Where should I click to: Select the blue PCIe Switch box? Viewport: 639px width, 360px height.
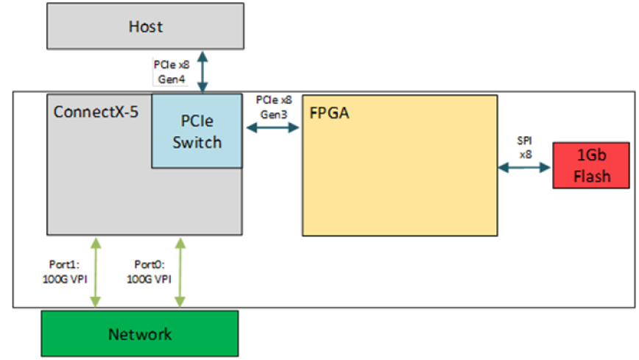(x=197, y=131)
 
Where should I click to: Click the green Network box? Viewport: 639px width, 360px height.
(x=140, y=334)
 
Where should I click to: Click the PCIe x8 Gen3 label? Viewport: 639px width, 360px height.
(x=273, y=105)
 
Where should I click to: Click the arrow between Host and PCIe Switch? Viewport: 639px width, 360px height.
(x=201, y=72)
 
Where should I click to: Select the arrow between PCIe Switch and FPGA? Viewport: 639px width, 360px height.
(x=272, y=128)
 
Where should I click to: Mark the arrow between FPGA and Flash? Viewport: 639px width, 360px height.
(x=525, y=168)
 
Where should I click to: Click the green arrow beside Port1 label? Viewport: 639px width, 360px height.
(x=96, y=272)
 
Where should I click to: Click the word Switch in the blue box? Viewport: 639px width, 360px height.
(x=197, y=142)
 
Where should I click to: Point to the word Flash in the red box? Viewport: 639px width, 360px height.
(x=592, y=177)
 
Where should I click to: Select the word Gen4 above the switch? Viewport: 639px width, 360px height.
(x=170, y=78)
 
